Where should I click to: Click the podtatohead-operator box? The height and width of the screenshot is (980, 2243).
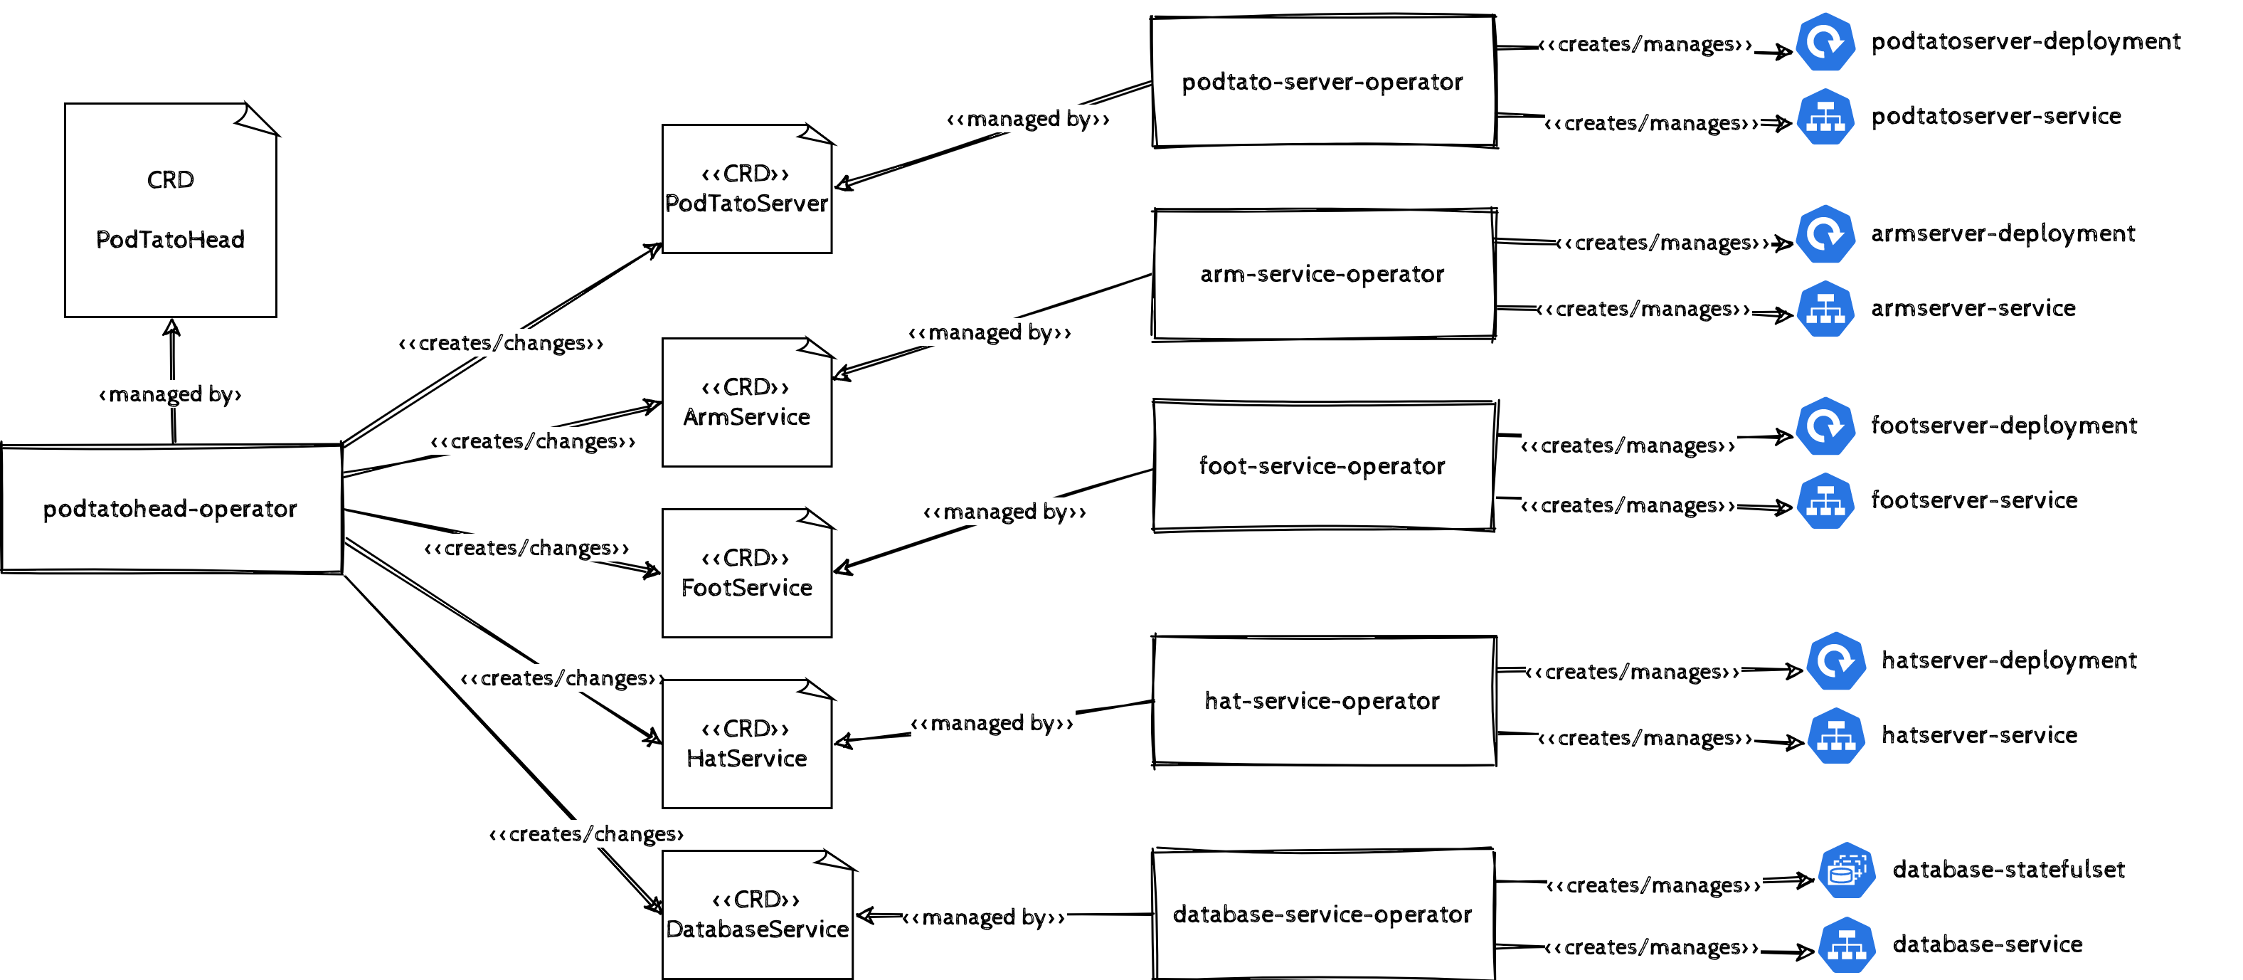click(171, 509)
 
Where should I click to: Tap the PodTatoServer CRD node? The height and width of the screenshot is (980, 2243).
click(746, 189)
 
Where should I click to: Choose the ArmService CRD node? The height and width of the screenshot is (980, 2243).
click(746, 402)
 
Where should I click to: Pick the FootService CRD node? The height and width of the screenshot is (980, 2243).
click(746, 573)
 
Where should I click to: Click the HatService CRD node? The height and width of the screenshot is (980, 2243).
click(746, 744)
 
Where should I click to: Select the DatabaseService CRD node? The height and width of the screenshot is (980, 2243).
click(757, 915)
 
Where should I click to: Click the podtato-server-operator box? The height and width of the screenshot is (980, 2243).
click(1322, 82)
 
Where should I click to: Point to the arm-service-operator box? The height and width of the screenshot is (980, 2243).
click(1322, 275)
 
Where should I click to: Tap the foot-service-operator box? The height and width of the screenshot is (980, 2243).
click(1322, 466)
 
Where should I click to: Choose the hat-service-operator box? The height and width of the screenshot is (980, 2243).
click(1322, 701)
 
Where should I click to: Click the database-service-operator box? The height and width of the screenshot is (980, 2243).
click(1322, 915)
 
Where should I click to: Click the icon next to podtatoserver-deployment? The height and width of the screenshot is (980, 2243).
click(1825, 42)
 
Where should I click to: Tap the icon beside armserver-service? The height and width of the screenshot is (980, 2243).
click(1825, 310)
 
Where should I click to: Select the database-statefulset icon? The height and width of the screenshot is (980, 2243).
click(1846, 870)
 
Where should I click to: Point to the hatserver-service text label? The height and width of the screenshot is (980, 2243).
click(1979, 735)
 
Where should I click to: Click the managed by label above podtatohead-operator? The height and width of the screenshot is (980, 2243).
click(171, 394)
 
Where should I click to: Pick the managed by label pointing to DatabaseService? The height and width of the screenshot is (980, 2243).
click(984, 917)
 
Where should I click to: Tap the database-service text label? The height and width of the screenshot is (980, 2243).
click(1987, 944)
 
